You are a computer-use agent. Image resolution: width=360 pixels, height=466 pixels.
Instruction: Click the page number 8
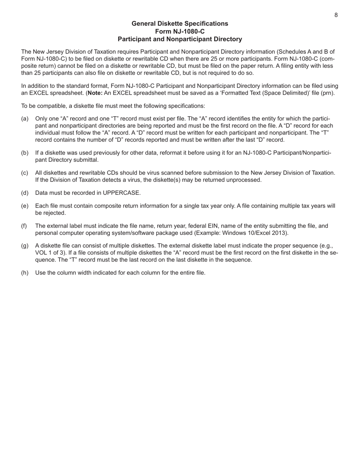336,15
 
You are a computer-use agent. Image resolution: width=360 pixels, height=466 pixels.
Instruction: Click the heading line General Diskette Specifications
180,23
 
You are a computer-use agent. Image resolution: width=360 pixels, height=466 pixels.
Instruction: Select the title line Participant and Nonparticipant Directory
180,39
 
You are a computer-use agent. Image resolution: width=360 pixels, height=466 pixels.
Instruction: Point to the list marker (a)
25,119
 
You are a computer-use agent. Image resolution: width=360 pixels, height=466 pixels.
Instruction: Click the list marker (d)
25,193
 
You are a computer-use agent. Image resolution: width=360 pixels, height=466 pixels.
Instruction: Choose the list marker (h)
25,272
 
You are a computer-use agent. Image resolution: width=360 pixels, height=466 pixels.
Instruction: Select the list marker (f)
25,226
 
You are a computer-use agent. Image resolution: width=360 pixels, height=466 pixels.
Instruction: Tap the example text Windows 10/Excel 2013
257,233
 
